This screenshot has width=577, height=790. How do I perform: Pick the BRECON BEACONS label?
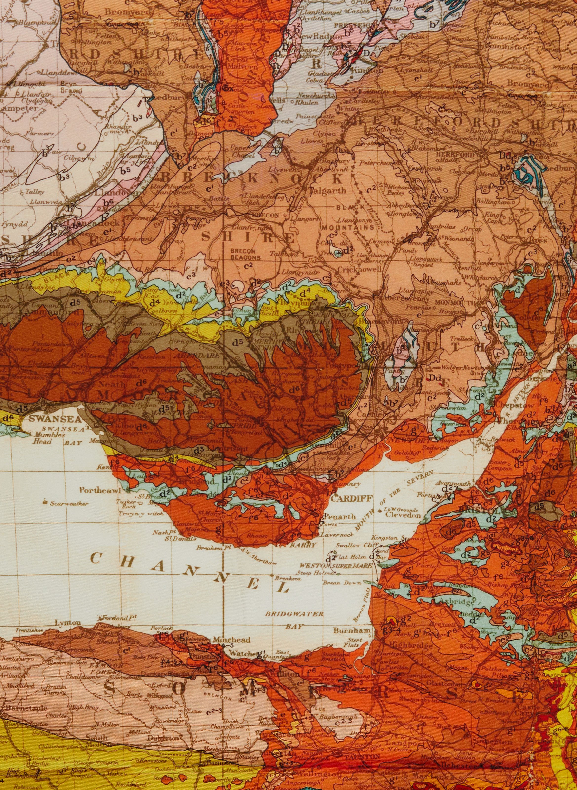pos(245,254)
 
